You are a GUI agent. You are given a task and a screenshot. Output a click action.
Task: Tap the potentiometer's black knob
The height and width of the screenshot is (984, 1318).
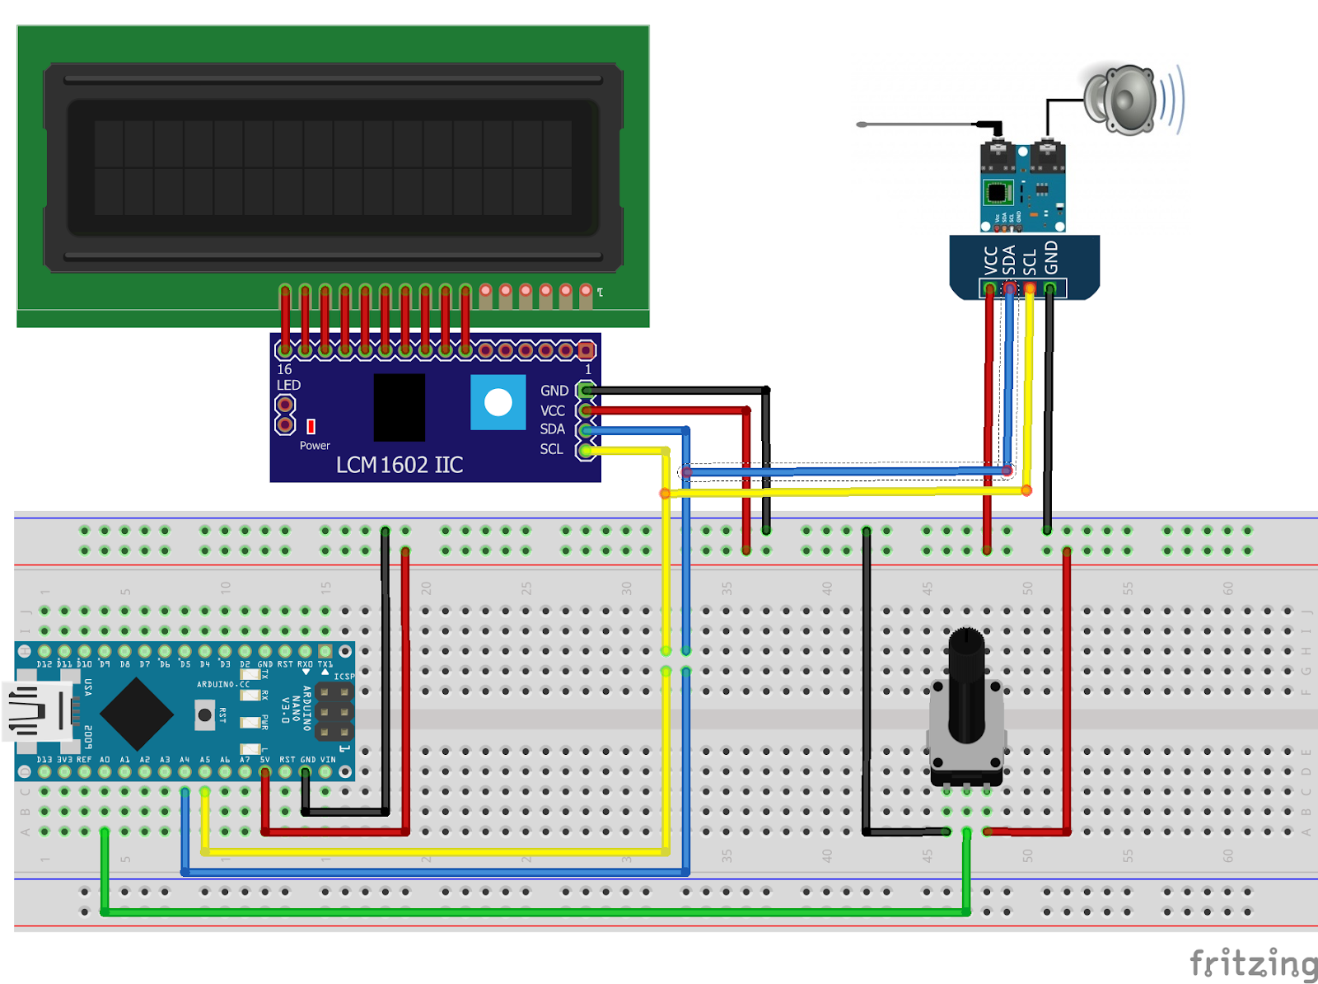(x=966, y=684)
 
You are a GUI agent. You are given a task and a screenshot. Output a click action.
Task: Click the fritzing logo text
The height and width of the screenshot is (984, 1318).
(x=1252, y=963)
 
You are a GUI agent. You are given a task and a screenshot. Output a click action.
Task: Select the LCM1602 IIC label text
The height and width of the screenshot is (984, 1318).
(x=400, y=465)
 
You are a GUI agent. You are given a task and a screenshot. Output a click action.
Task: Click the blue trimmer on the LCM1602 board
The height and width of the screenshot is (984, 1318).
(x=498, y=402)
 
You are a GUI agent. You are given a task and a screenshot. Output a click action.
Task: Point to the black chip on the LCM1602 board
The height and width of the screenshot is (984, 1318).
(x=400, y=407)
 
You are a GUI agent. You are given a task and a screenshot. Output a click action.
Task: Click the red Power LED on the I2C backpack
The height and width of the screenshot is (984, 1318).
(x=311, y=426)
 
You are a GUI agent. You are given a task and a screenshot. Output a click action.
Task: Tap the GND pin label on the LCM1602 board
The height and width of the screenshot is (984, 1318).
(x=554, y=391)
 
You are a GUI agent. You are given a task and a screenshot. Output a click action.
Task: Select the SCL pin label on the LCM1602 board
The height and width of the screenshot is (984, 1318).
(x=551, y=449)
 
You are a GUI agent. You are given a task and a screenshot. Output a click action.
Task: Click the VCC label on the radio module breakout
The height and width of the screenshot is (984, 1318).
(x=991, y=260)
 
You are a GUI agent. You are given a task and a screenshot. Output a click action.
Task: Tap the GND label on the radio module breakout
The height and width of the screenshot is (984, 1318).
(x=1051, y=258)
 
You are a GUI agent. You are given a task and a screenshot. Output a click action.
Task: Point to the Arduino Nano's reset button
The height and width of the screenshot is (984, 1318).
(x=204, y=715)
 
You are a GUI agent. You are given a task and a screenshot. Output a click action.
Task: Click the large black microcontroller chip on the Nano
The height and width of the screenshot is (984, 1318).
(x=137, y=714)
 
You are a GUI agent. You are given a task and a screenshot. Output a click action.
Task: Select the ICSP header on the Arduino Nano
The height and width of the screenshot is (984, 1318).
(x=334, y=711)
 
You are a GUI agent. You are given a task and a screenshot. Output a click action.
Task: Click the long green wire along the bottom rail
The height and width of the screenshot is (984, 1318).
(x=535, y=912)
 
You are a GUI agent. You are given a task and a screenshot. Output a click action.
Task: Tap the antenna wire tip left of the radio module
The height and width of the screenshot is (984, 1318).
(x=862, y=124)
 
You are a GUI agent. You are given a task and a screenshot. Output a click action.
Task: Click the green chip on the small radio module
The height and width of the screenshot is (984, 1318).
(x=998, y=194)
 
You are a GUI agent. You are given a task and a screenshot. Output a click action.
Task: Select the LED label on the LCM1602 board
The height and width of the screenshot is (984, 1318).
(x=288, y=385)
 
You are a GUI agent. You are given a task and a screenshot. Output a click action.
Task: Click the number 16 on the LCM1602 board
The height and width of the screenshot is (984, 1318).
(x=284, y=369)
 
